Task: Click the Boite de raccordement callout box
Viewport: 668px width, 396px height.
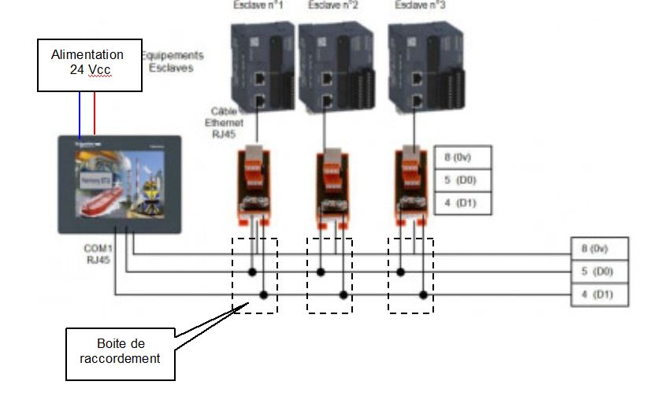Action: tap(119, 351)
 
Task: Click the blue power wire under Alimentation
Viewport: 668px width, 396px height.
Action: tap(80, 113)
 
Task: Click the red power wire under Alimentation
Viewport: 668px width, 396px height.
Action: tap(95, 113)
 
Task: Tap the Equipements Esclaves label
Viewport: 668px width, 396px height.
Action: tap(172, 61)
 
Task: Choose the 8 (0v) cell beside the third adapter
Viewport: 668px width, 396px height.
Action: tap(462, 157)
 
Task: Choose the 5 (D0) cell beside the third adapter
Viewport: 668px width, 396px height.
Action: tap(462, 180)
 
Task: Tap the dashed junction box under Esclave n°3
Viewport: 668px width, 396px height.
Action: tap(410, 274)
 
